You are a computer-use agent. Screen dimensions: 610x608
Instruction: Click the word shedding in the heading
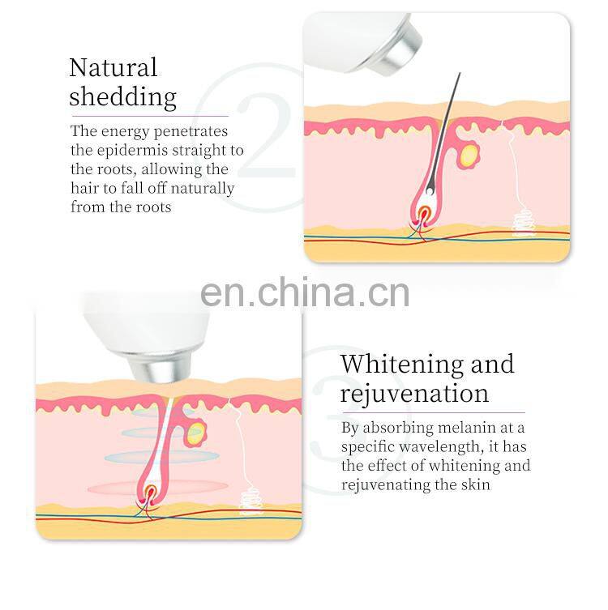tap(122, 97)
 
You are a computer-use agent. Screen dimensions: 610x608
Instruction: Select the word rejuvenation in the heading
tap(414, 394)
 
